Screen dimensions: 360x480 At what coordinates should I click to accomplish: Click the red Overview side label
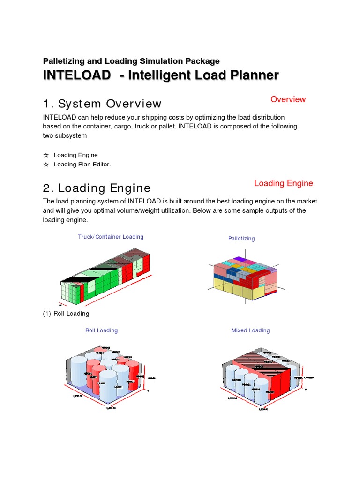click(x=288, y=99)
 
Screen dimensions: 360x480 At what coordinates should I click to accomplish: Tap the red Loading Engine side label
click(x=283, y=183)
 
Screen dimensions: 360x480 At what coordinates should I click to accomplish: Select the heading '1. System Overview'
click(x=102, y=104)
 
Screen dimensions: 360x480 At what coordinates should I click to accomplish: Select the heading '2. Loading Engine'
click(x=97, y=188)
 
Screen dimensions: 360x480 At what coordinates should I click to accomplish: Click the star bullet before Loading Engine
click(x=46, y=155)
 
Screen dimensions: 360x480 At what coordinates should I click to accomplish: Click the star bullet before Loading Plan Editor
click(x=46, y=165)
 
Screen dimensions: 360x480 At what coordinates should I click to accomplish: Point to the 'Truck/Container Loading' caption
click(x=111, y=237)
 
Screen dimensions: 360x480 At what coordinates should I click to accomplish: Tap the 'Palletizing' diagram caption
click(x=241, y=239)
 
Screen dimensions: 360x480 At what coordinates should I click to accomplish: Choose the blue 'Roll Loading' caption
click(x=101, y=330)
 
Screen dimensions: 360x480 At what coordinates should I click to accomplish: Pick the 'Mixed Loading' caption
click(x=250, y=330)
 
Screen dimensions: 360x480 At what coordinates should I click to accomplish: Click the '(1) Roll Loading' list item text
click(x=66, y=314)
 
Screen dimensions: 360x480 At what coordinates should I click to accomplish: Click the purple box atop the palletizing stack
click(x=240, y=259)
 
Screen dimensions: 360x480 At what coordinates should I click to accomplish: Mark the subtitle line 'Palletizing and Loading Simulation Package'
click(x=131, y=61)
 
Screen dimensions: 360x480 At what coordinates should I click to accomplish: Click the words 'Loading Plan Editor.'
click(x=82, y=165)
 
